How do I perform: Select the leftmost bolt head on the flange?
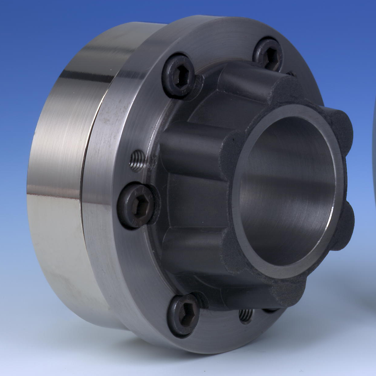click(x=137, y=206)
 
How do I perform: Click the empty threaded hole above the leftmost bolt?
click(x=137, y=161)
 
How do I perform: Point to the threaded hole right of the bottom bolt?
click(x=246, y=315)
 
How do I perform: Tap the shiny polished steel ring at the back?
click(x=59, y=176)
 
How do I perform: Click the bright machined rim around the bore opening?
click(x=239, y=219)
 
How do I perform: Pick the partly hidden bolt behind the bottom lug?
click(x=270, y=310)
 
